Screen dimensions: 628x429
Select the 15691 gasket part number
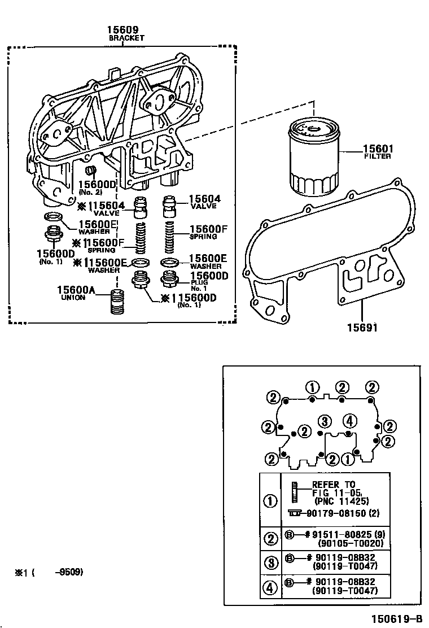point(362,327)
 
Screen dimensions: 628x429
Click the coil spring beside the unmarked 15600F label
point(169,238)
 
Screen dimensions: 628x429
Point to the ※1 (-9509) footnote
point(49,572)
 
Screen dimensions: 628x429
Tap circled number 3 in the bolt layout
point(323,421)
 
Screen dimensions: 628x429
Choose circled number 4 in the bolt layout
point(349,421)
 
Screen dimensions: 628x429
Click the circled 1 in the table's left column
point(271,500)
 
